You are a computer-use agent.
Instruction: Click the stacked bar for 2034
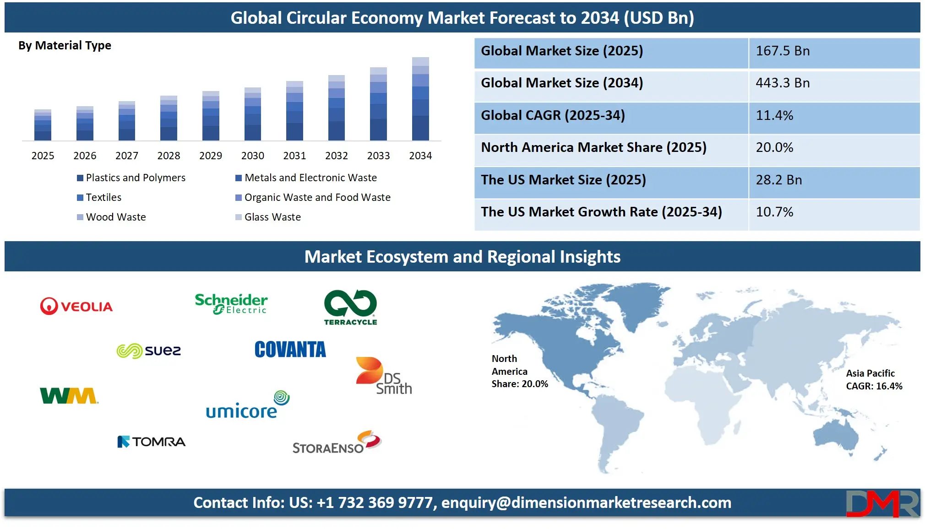coord(420,99)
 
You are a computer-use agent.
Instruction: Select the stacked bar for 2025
coord(43,125)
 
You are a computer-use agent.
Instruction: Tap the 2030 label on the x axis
coord(252,156)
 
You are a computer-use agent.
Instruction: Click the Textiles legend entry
coord(103,197)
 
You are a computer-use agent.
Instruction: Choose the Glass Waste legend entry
coord(272,217)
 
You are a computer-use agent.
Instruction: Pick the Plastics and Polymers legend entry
coord(136,178)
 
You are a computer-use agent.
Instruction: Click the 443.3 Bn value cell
coord(783,83)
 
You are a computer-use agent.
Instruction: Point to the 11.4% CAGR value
coord(774,115)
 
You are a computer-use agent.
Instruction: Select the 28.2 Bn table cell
coord(778,180)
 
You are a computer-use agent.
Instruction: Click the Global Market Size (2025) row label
coord(562,51)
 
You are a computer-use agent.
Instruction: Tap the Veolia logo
coord(76,306)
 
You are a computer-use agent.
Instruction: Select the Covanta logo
coord(290,350)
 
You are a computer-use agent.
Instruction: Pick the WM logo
coord(69,396)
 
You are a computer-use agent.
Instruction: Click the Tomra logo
coord(152,442)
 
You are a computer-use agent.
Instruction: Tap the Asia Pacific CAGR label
coord(874,380)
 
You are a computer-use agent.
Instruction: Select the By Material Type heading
coord(65,45)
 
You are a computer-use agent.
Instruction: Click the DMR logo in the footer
coord(882,503)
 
